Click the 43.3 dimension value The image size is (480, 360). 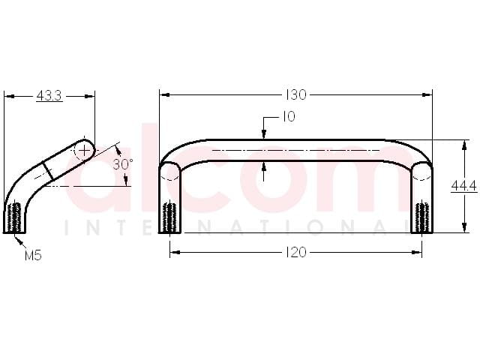(x=49, y=96)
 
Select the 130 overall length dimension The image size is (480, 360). (x=295, y=95)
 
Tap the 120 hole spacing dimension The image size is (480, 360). (x=295, y=253)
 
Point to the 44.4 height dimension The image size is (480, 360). (x=464, y=186)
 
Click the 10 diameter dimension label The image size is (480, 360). (x=288, y=117)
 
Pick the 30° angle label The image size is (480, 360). (x=123, y=164)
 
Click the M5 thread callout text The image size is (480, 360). (x=33, y=255)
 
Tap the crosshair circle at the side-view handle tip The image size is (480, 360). (x=84, y=150)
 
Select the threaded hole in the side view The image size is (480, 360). (x=14, y=217)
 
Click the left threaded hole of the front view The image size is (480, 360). (x=170, y=217)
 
